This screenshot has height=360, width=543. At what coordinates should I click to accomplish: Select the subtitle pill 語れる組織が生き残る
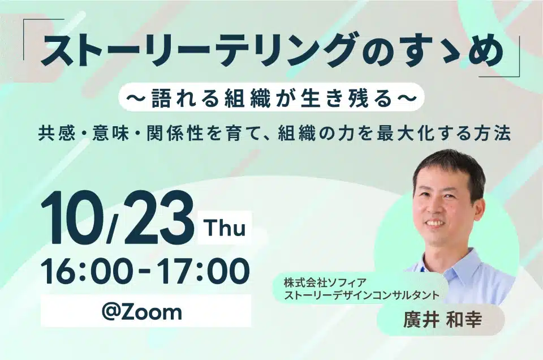coord(271,97)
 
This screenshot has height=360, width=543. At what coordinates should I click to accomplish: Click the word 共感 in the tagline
coord(57,134)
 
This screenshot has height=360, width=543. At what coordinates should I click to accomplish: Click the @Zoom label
coord(141,311)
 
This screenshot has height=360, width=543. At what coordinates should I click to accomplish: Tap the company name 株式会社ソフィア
coord(325,283)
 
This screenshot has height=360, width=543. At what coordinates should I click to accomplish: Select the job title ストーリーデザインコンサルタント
coord(361,295)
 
